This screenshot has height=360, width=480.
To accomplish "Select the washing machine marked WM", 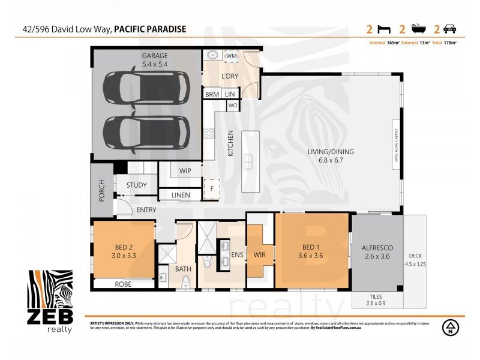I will (232, 56).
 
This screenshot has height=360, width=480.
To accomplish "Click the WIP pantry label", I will (185, 171).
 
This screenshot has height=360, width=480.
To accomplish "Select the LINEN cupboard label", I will (181, 195).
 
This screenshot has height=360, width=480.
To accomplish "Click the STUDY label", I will (136, 185).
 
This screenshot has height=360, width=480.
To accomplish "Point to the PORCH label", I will (101, 190).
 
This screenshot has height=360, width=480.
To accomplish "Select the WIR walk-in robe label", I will (260, 255).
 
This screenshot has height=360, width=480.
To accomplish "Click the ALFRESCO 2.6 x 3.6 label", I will (377, 251).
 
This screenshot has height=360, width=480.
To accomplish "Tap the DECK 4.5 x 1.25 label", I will (415, 259).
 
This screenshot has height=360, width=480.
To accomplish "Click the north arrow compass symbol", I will (448, 328).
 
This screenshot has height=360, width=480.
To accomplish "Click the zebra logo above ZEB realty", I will (50, 290).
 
